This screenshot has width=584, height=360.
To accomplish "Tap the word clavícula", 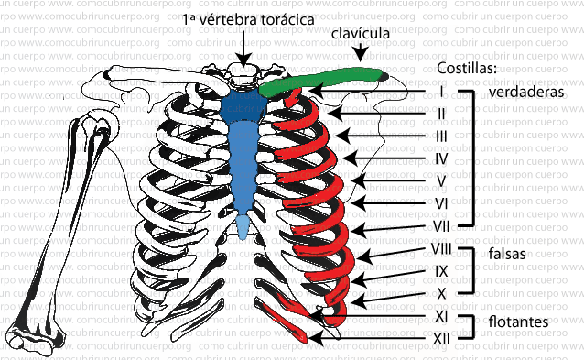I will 360,34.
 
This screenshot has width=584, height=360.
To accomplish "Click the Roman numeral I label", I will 441,91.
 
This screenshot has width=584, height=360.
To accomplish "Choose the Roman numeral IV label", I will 441,158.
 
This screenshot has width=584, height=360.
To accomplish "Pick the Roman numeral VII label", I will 440,224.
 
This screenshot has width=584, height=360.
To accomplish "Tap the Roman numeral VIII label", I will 440,248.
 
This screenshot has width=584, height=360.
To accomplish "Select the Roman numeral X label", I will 440,293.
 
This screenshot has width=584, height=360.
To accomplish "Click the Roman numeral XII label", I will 440,338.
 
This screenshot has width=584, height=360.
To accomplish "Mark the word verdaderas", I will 525,92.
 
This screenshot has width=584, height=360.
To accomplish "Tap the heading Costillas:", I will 467,69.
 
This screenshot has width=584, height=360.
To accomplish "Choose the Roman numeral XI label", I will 440,316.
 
